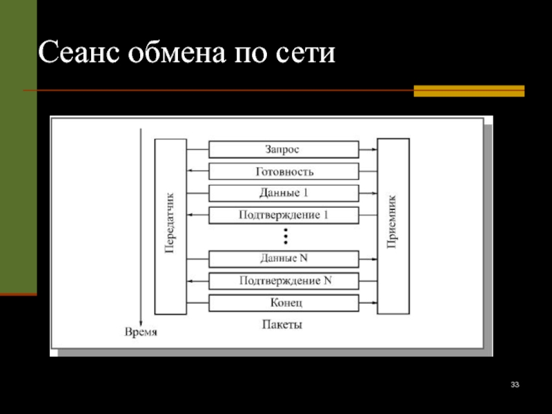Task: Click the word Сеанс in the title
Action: [x=78, y=52]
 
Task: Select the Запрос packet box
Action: [x=284, y=149]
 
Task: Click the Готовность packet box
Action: [x=284, y=171]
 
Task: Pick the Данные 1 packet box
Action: [x=284, y=193]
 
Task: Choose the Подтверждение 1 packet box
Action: [x=284, y=215]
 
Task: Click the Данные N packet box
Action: [x=284, y=259]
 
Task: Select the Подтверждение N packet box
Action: [x=284, y=281]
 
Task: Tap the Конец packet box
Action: [x=284, y=303]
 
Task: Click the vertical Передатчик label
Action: [x=170, y=223]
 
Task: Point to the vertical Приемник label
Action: [x=392, y=221]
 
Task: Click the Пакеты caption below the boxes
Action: [x=282, y=324]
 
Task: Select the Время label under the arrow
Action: [x=141, y=332]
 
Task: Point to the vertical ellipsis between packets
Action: [x=286, y=236]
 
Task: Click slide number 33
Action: [x=515, y=384]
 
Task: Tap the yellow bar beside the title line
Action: [x=469, y=91]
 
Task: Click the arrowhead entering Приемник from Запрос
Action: [x=374, y=150]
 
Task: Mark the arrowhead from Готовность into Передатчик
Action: [x=190, y=171]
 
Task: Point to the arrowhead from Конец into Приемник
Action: [x=374, y=303]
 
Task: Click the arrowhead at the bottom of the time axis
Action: [x=141, y=324]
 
